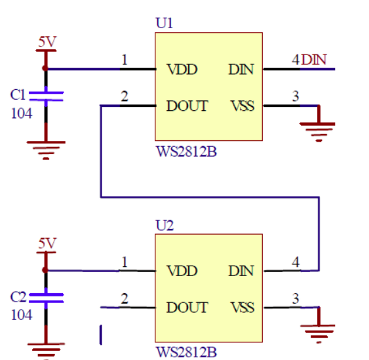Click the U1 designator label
pyautogui.click(x=165, y=24)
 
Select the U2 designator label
pyautogui.click(x=165, y=226)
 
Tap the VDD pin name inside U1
pyautogui.click(x=182, y=70)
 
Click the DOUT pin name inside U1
pyautogui.click(x=187, y=106)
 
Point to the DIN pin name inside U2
pyautogui.click(x=241, y=271)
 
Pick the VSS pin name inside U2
pyautogui.click(x=243, y=308)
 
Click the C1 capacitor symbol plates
pyautogui.click(x=46, y=96)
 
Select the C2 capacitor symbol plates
pyautogui.click(x=46, y=298)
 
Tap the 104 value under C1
pyautogui.click(x=22, y=113)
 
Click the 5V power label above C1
pyautogui.click(x=47, y=42)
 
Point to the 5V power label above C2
pyautogui.click(x=47, y=243)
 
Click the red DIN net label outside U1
pyautogui.click(x=314, y=60)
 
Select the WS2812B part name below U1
pyautogui.click(x=186, y=151)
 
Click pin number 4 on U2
pyautogui.click(x=296, y=262)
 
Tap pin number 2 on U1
pyautogui.click(x=125, y=96)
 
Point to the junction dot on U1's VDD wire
pyautogui.click(x=45, y=68)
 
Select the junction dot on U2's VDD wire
pyautogui.click(x=45, y=270)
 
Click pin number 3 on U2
pyautogui.click(x=296, y=298)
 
